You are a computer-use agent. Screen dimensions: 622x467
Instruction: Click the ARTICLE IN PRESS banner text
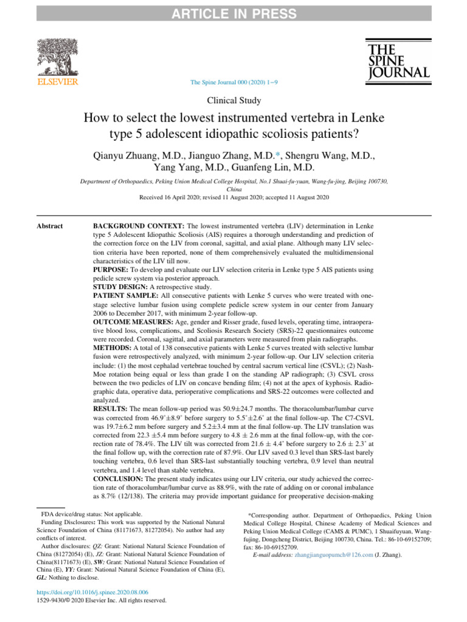(x=233, y=13)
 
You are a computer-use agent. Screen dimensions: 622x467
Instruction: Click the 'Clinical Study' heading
(x=234, y=101)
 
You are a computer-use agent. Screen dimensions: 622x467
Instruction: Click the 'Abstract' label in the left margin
(x=49, y=226)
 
